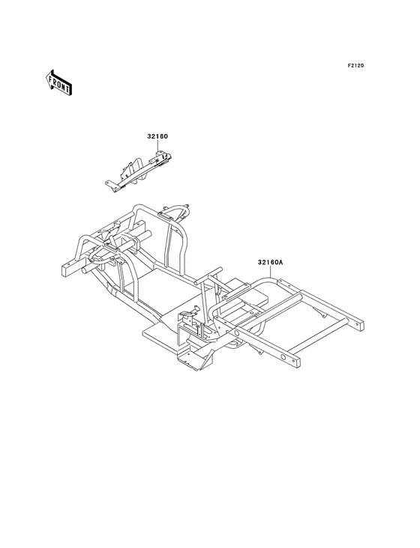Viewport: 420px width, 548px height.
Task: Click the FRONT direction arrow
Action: pos(58,82)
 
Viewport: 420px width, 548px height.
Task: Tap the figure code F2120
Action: pos(355,65)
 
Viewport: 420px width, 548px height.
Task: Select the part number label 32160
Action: pos(157,136)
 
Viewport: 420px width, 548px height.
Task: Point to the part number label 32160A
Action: pos(270,262)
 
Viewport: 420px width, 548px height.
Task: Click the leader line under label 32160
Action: pos(157,145)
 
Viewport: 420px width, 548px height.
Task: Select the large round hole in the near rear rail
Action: pos(283,357)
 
